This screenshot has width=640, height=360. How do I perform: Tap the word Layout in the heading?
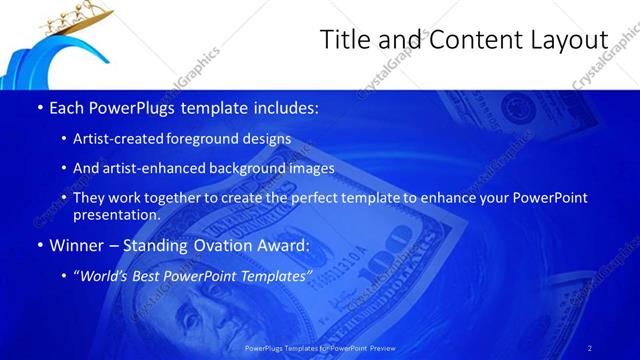coord(563,39)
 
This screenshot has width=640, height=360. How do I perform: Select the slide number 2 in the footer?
coord(590,348)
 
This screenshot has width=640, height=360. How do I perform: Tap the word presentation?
coord(116,215)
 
